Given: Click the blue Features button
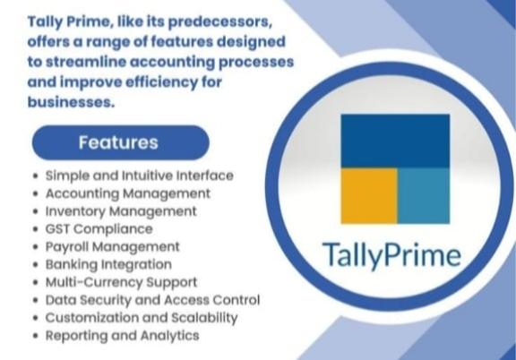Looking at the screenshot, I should [x=119, y=142].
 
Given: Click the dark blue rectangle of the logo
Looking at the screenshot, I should [x=395, y=141].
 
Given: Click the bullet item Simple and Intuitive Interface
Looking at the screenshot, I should [x=139, y=176].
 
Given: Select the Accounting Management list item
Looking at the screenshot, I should [x=128, y=193].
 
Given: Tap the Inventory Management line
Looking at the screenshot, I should [x=121, y=211].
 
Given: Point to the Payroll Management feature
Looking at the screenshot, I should [x=112, y=246].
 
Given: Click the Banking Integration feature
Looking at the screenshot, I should [x=108, y=264].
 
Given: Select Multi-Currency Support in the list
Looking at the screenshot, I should [x=121, y=282].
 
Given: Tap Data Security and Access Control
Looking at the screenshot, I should [x=152, y=300].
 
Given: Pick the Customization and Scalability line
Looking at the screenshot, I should [x=142, y=318].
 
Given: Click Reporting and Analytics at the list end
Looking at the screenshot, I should [x=122, y=336].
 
